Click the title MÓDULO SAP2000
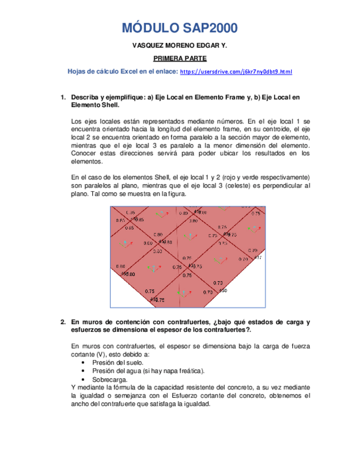click(180, 29)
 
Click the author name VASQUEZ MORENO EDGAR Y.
click(180, 47)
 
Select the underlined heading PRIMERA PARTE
click(180, 59)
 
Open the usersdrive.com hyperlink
click(236, 72)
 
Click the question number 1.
click(63, 97)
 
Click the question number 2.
click(63, 322)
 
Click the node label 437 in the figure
click(258, 257)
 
